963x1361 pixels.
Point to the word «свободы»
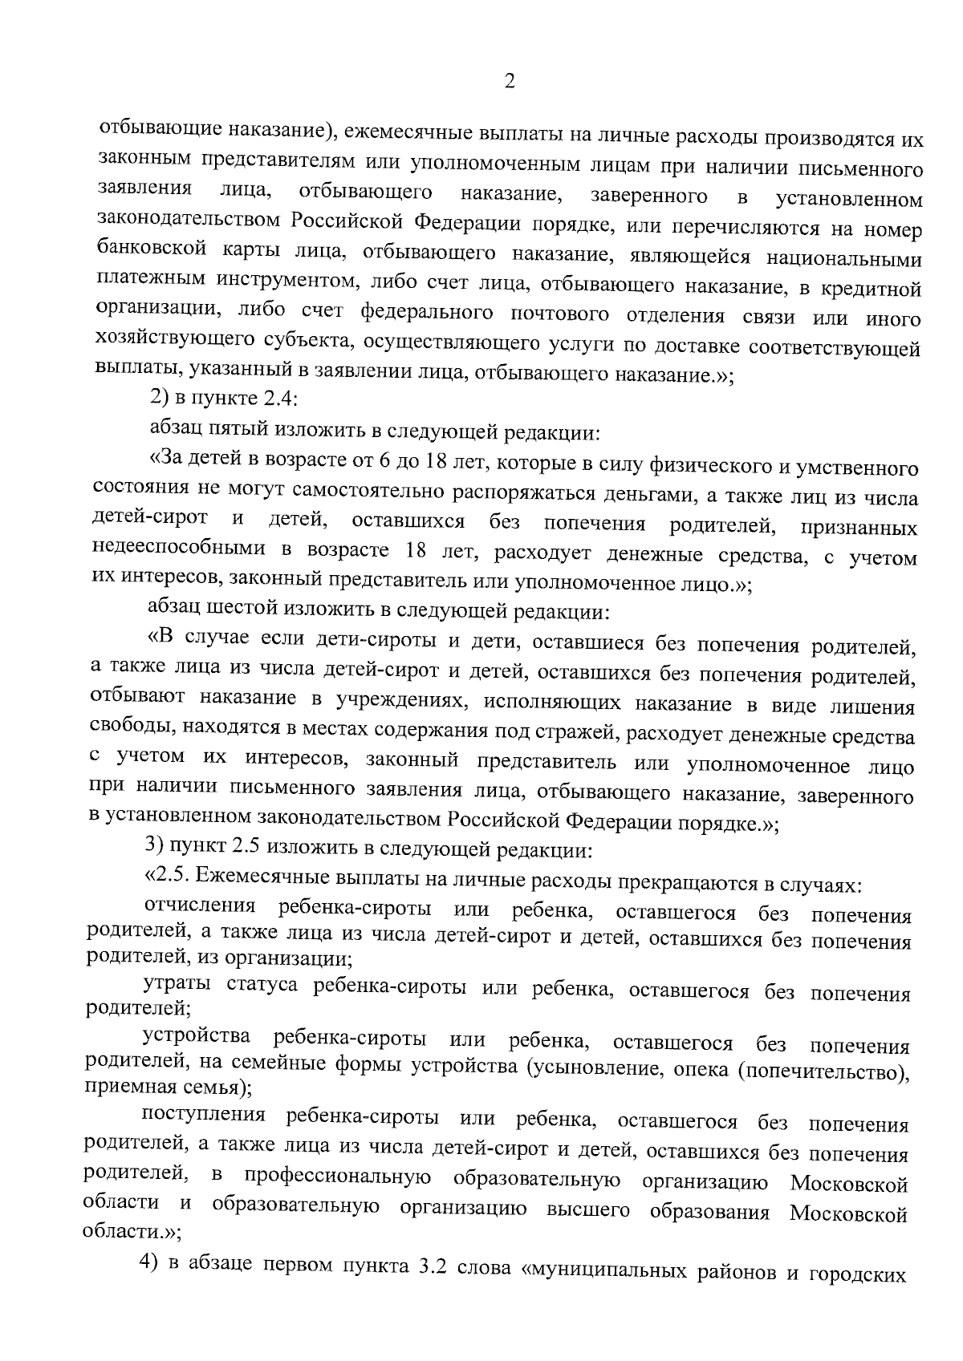click(x=132, y=730)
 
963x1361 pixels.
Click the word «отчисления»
click(x=199, y=907)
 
